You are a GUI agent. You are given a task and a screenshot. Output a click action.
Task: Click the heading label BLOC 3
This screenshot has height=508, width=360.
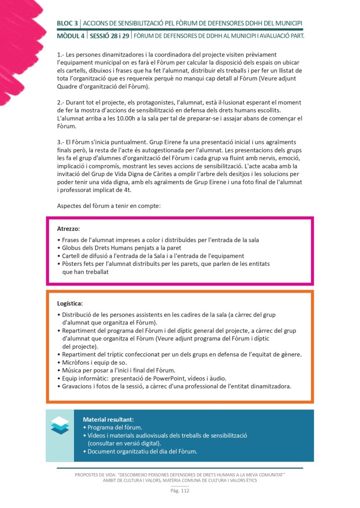(68, 23)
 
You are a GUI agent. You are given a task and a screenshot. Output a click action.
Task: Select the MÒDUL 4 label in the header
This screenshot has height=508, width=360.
(71, 36)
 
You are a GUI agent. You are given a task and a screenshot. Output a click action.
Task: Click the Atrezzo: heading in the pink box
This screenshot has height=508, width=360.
(69, 229)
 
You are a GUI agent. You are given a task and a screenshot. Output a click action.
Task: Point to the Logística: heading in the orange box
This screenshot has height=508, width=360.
(70, 303)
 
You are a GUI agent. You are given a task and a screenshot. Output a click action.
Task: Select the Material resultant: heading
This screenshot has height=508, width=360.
(108, 419)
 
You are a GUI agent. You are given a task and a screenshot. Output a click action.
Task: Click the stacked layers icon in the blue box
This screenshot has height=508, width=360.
(60, 425)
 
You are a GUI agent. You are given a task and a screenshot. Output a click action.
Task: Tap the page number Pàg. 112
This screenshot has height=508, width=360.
(180, 491)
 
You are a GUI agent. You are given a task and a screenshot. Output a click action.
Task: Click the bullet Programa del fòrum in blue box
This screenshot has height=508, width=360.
(115, 427)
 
